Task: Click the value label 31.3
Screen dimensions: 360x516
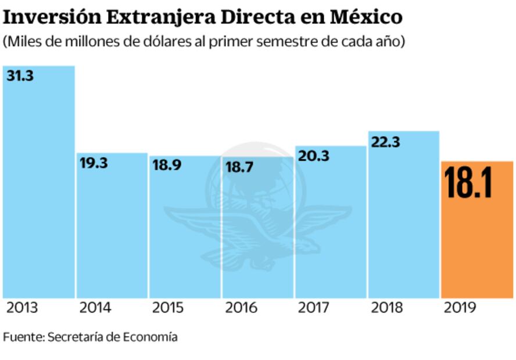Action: [20, 75]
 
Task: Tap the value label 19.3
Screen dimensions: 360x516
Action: [94, 163]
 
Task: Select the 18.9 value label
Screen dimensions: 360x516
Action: [167, 165]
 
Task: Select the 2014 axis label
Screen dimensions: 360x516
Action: [95, 308]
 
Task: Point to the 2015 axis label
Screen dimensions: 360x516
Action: [169, 308]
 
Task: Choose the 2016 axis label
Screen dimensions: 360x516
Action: [241, 308]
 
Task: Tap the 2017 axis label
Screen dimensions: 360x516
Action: [314, 308]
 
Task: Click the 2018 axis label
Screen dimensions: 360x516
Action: [386, 308]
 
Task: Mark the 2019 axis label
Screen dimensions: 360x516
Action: [460, 308]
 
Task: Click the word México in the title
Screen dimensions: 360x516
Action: [366, 17]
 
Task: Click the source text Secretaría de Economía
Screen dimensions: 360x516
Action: [113, 337]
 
